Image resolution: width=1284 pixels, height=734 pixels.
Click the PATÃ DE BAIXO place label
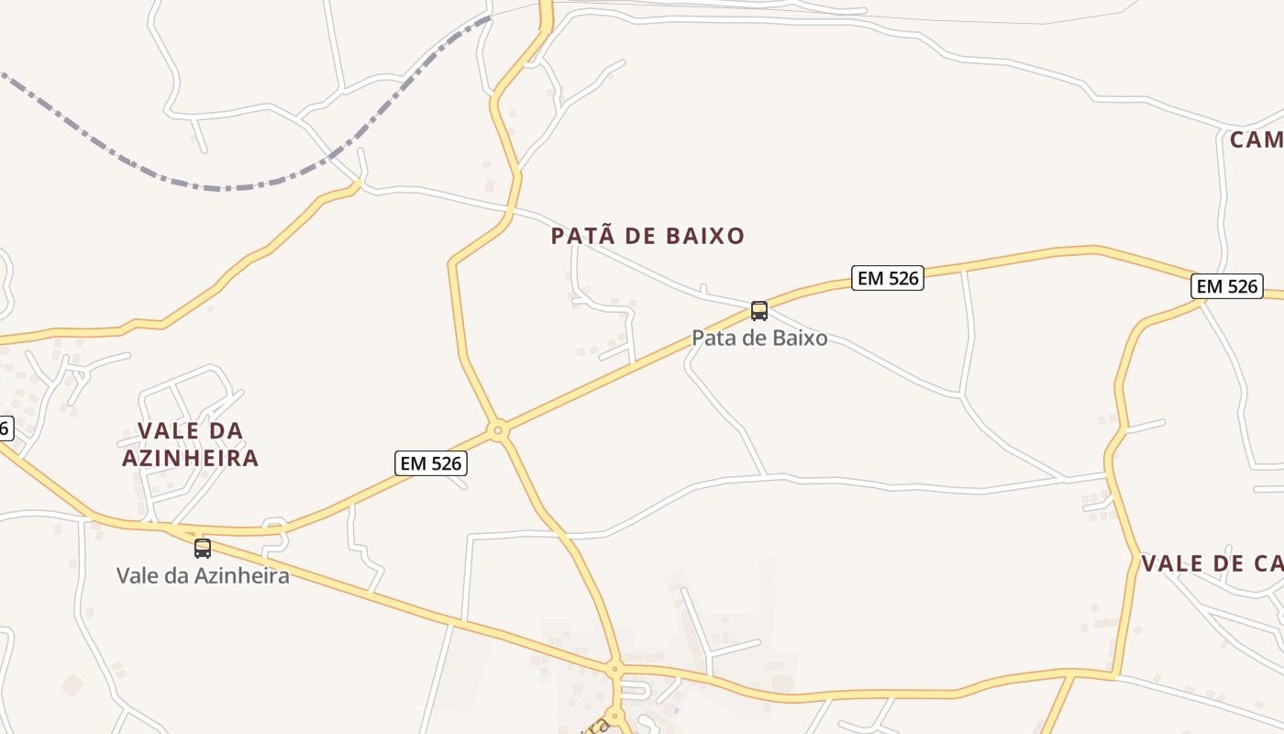[648, 236]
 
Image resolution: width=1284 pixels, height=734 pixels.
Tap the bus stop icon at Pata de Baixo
[758, 310]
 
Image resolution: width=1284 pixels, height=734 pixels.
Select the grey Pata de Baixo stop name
[759, 338]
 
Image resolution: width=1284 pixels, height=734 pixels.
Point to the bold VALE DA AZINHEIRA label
[191, 444]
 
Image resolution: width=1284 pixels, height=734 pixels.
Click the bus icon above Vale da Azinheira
[203, 549]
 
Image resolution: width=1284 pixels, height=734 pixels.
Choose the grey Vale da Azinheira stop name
[203, 575]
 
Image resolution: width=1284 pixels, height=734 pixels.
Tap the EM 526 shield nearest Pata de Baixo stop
[888, 278]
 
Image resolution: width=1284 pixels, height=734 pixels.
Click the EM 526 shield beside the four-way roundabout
[430, 463]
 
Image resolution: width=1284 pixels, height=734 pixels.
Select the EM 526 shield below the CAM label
[1227, 286]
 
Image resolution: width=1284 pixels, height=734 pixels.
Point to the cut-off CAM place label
[1256, 139]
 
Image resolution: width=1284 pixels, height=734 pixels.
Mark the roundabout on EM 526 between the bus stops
[498, 429]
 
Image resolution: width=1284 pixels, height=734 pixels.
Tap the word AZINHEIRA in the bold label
[191, 458]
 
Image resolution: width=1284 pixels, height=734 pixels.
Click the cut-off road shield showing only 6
[6, 428]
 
